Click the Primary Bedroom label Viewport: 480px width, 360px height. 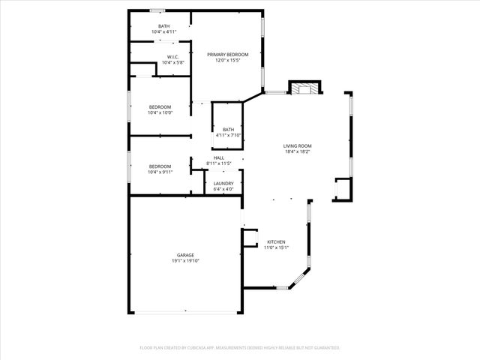point(227,55)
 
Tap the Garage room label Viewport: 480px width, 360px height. point(185,256)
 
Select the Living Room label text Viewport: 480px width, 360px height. point(297,145)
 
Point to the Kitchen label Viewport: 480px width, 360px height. point(277,241)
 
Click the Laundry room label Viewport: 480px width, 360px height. point(223,184)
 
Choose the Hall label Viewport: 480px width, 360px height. point(219,157)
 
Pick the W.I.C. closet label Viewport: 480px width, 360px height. point(172,57)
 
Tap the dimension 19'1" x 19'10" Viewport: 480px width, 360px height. point(185,261)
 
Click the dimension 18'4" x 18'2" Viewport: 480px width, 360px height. point(297,151)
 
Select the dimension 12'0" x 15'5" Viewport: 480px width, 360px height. point(227,61)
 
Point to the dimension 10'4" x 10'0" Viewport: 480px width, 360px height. point(160,113)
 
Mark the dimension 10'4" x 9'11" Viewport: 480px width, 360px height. point(160,172)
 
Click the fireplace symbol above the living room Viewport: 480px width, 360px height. point(304,88)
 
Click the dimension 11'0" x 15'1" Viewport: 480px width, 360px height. point(277,247)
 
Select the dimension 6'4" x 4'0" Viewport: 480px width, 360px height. point(223,189)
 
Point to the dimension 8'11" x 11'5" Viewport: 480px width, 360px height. point(219,163)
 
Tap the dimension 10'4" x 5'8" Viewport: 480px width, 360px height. point(172,63)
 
